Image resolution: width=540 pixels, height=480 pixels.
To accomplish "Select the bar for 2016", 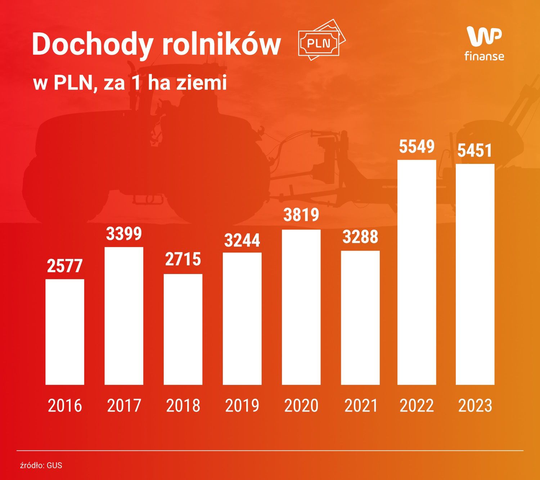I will pyautogui.click(x=65, y=332).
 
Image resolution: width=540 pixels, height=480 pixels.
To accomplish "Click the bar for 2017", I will pyautogui.click(x=124, y=316).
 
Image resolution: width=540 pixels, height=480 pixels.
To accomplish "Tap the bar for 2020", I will pyautogui.click(x=301, y=307).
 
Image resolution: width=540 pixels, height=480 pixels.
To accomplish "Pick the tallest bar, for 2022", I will pyautogui.click(x=417, y=272).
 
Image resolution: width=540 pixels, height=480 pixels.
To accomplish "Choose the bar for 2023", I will pyautogui.click(x=475, y=274).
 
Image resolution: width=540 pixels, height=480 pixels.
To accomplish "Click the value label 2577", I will pyautogui.click(x=65, y=266).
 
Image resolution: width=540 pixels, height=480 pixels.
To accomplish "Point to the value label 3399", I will pyautogui.click(x=124, y=234).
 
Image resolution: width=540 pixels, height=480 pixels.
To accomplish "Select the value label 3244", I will pyautogui.click(x=242, y=240).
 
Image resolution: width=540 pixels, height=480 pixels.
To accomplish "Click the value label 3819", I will pyautogui.click(x=301, y=215).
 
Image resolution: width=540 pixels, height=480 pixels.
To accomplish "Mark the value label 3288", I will pyautogui.click(x=360, y=237).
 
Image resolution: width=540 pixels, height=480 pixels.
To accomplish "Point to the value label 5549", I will pyautogui.click(x=417, y=147).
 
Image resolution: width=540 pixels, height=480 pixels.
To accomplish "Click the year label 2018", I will pyautogui.click(x=183, y=406).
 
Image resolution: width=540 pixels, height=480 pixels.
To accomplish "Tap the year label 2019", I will pyautogui.click(x=242, y=406).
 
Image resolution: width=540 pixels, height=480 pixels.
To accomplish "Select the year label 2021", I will pyautogui.click(x=360, y=406).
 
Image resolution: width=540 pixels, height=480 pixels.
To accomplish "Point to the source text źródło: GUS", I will pyautogui.click(x=41, y=465).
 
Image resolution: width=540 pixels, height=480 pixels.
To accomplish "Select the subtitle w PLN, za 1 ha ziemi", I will pyautogui.click(x=130, y=83).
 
